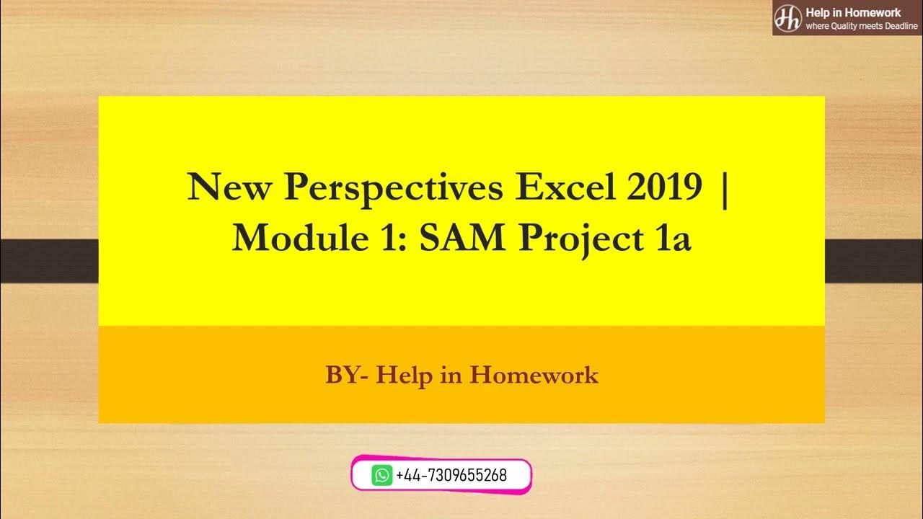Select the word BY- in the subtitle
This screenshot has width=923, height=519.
coord(347,376)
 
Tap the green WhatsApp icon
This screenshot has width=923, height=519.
coord(382,475)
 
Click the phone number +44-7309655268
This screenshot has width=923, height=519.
coord(451,475)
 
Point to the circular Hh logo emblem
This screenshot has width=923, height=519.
coord(787,17)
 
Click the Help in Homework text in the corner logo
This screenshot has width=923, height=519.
coord(853,12)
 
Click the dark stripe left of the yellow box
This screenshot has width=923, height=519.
coord(49,261)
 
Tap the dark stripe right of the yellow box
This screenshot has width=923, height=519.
coord(873,261)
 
